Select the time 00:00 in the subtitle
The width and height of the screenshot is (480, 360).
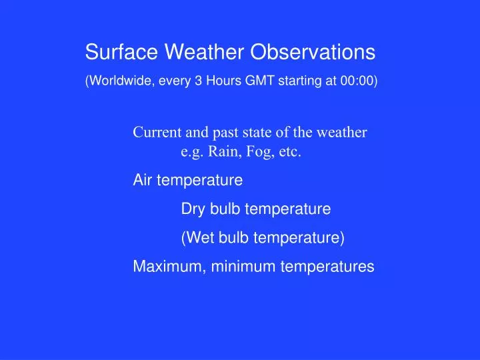(x=358, y=81)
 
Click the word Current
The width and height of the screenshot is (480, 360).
(x=156, y=132)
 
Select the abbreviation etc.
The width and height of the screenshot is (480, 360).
(x=291, y=152)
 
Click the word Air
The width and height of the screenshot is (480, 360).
(x=143, y=180)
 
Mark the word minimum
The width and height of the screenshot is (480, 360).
(x=243, y=267)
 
